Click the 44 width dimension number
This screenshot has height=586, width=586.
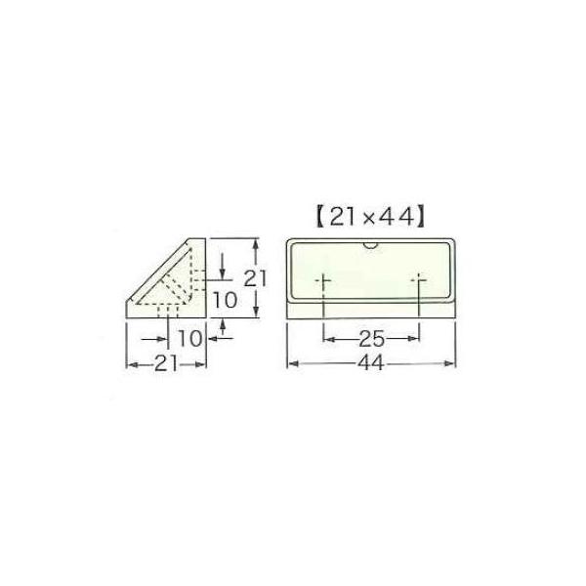[x=371, y=364]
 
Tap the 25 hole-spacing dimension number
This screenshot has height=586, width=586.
[x=371, y=339]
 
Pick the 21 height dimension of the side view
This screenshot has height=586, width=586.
[x=256, y=277]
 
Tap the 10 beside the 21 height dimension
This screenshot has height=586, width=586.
[x=224, y=301]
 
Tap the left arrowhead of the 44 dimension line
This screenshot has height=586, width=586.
[x=290, y=364]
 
